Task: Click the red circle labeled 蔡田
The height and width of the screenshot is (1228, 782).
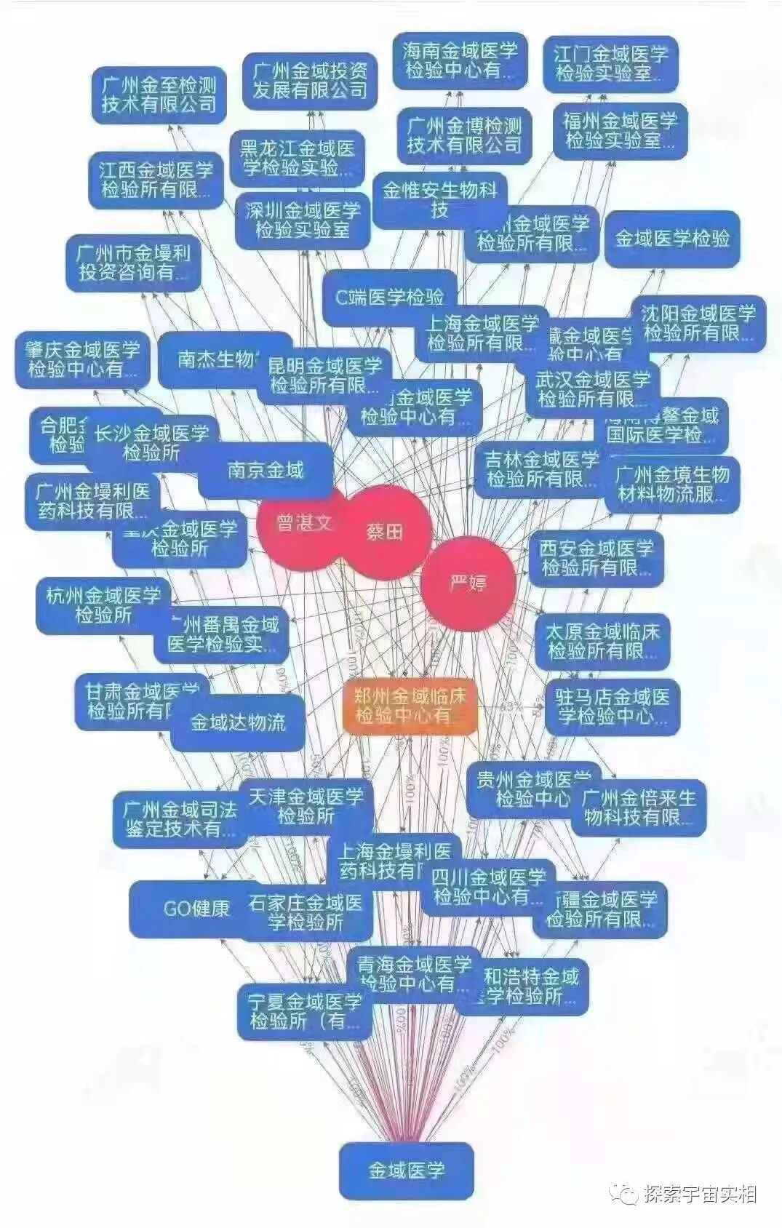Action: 385,533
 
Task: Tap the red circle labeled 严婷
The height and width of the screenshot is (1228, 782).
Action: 468,583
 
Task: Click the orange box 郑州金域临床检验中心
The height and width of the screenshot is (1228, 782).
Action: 410,706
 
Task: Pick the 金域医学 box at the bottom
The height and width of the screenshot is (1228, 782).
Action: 406,1171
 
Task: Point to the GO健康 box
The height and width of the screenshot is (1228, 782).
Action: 196,909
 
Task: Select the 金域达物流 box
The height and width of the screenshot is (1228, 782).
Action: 238,722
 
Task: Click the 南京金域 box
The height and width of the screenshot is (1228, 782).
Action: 266,470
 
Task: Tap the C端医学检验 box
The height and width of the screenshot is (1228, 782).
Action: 389,297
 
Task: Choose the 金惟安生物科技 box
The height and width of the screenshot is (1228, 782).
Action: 439,200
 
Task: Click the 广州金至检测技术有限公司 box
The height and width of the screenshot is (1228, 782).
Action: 159,95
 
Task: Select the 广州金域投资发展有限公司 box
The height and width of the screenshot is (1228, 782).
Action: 310,81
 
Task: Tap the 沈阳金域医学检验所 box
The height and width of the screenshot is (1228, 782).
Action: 698,324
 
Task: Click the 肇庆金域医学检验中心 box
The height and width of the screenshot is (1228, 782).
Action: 81,360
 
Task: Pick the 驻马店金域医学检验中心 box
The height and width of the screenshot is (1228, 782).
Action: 612,706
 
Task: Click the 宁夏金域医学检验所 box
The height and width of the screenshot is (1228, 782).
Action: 305,1011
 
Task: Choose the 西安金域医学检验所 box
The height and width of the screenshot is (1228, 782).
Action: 596,557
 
